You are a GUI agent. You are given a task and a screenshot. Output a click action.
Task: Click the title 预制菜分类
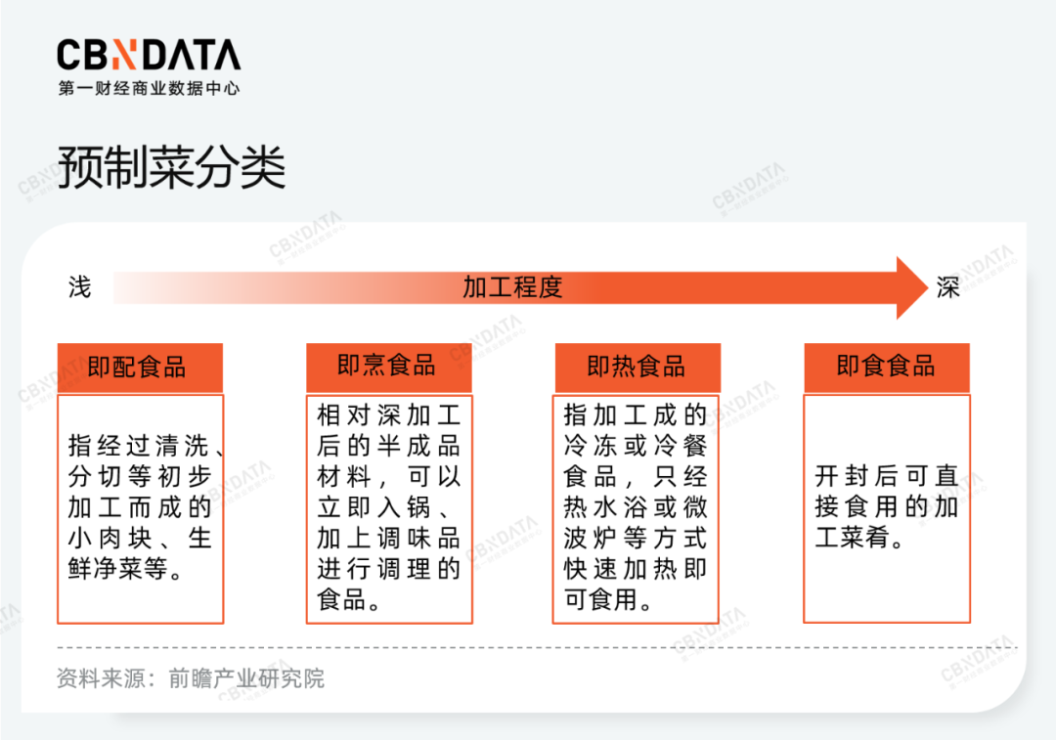coord(172,167)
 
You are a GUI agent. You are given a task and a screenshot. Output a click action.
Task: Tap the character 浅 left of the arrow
coord(79,287)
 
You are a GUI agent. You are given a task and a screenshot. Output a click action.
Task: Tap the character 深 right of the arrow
coord(947,287)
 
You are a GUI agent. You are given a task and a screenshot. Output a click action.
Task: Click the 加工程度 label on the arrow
coord(512,287)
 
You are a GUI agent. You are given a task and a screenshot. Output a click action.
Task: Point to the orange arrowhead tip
coord(927,287)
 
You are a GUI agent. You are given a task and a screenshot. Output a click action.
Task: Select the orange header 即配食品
coord(140,368)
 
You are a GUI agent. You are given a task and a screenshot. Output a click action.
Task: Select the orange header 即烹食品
coord(389,367)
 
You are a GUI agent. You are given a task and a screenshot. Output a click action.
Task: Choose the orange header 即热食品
coord(638,367)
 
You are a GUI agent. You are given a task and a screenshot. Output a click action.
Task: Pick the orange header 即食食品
coord(887,367)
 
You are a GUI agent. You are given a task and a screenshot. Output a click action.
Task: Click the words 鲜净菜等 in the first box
coord(118,569)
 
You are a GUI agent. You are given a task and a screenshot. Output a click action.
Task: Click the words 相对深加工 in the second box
coord(388,415)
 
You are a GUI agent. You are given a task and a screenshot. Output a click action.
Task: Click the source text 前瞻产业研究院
coord(246,678)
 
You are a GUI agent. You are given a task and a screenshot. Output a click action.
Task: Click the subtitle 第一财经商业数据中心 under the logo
coord(149,88)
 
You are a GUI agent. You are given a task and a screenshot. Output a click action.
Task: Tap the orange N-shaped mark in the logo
coord(123,55)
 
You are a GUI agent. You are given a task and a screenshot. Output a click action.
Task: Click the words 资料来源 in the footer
coord(101,678)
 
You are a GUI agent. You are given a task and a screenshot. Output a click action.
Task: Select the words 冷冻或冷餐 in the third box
coord(636,446)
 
